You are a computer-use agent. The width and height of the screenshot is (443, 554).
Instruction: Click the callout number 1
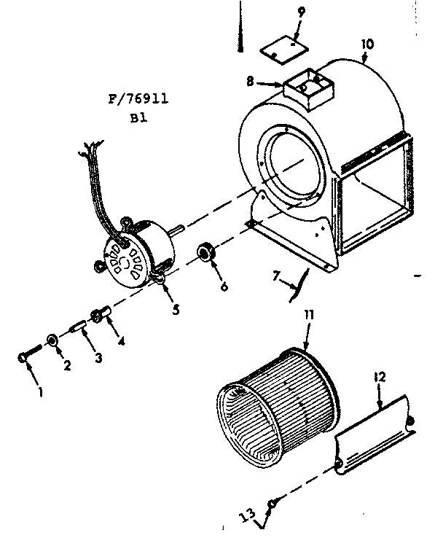click(x=41, y=391)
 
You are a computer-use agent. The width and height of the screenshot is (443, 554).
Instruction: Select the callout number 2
click(x=66, y=366)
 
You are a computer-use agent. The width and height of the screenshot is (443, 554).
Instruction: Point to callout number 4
click(x=120, y=340)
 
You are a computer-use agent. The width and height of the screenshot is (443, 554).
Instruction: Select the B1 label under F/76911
click(x=138, y=119)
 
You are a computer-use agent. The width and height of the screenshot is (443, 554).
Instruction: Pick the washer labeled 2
click(x=52, y=340)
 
